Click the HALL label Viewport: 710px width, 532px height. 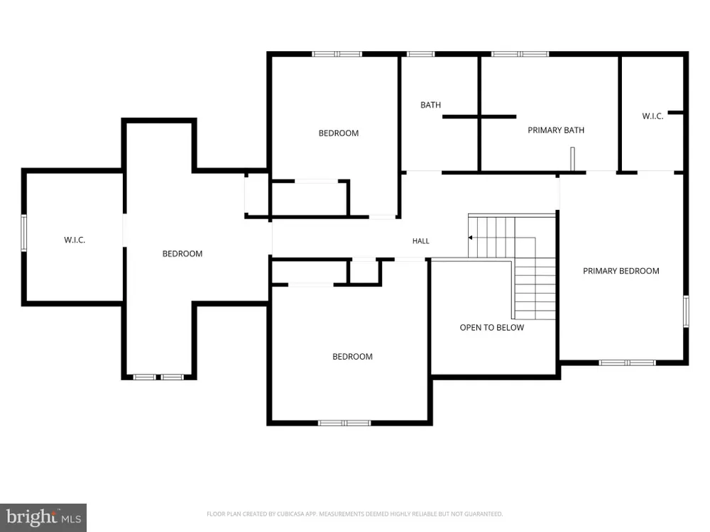coord(420,241)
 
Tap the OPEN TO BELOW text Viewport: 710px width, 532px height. coord(492,328)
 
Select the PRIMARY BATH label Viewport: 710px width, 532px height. coord(556,131)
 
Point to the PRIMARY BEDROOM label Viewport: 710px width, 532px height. coord(621,271)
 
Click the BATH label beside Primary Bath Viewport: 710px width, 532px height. coord(431,105)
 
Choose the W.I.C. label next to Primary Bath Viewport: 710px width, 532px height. coord(652,116)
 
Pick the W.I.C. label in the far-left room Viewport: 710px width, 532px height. coord(75,240)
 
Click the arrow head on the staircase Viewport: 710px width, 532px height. coord(471,238)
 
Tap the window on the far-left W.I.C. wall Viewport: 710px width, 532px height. coord(23,233)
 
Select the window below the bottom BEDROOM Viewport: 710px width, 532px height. coord(344,423)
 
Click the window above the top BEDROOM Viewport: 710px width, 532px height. coord(337,54)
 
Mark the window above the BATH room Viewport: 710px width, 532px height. coord(420,54)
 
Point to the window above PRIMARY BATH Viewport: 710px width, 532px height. coord(520,54)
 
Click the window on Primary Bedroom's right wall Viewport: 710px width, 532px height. coord(686,311)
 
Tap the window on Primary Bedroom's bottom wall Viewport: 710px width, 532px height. coord(627,362)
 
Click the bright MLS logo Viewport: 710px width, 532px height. coord(43,518)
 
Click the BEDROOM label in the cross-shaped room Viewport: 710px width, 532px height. coord(182,254)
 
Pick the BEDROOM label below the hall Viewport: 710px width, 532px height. coord(353,357)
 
